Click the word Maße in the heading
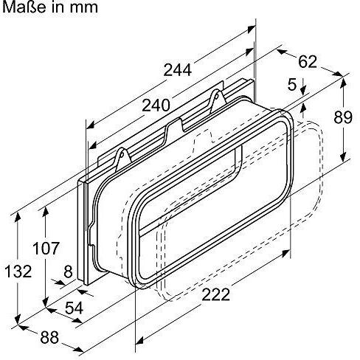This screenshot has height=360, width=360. [x=23, y=9]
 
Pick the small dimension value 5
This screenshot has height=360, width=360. [x=291, y=86]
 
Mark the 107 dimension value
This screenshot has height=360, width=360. [x=46, y=249]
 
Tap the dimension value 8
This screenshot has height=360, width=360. [x=67, y=271]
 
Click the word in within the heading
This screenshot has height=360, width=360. [x=57, y=9]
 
